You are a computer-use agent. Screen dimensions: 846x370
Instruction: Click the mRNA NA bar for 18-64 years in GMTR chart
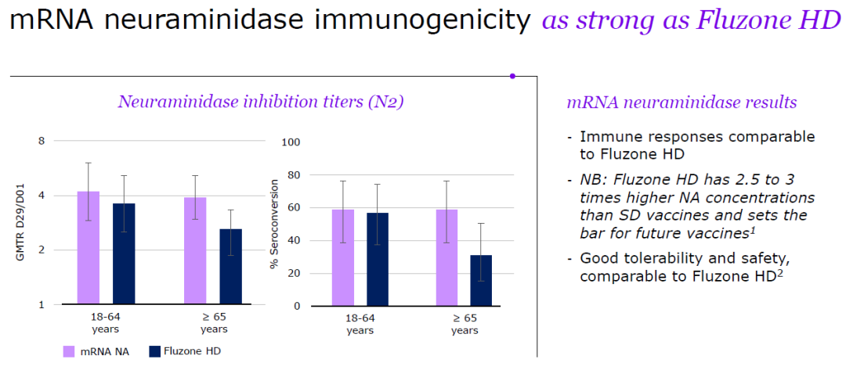88,248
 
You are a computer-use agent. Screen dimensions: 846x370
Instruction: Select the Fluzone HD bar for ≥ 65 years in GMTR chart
230,267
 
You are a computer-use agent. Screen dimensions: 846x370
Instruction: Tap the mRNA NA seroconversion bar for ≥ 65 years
446,258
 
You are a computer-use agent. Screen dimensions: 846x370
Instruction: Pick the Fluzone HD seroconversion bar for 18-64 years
378,260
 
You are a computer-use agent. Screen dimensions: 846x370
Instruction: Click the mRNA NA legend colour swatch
68,352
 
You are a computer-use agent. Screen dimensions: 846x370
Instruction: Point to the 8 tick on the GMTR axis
42,141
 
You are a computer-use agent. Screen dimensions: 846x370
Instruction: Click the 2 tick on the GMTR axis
42,250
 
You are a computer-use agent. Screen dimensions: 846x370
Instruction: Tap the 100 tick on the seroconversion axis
291,142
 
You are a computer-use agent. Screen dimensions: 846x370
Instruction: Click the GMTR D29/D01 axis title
22,222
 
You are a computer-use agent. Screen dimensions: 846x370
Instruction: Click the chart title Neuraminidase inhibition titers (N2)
261,102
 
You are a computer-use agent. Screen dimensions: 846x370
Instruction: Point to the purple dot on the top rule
512,77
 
